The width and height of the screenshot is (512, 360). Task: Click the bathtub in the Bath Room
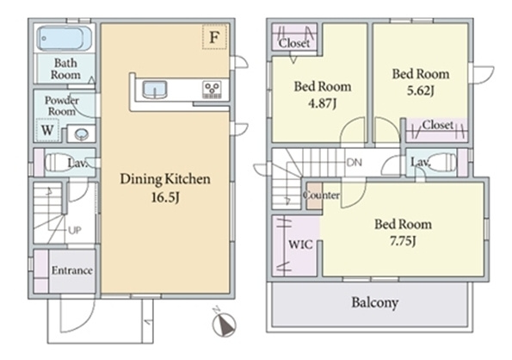pos(64,38)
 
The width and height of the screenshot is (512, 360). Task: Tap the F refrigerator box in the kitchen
pos(214,37)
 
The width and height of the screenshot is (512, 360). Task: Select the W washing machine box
pos(47,130)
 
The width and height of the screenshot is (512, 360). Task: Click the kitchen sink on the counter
pos(155,90)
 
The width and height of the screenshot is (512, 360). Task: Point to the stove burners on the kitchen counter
pos(213,90)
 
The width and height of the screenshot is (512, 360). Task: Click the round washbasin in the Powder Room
pos(81,134)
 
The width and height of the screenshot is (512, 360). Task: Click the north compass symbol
pos(224,323)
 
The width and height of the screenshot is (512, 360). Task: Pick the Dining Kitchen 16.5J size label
pos(165,197)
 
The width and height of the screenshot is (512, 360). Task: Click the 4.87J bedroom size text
pos(323,103)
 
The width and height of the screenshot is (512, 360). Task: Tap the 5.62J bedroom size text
pos(421,90)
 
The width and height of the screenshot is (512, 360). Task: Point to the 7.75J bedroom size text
pos(403,241)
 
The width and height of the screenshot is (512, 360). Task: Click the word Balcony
pos(375,302)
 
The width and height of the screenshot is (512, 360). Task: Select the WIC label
pos(300,245)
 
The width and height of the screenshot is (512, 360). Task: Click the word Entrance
pos(71,270)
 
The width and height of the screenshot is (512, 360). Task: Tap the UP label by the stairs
pos(75,231)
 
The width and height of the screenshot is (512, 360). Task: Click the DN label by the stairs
pos(355,163)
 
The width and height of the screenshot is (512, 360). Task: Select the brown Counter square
pos(314,196)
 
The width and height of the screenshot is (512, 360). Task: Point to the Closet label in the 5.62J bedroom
pos(437,125)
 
